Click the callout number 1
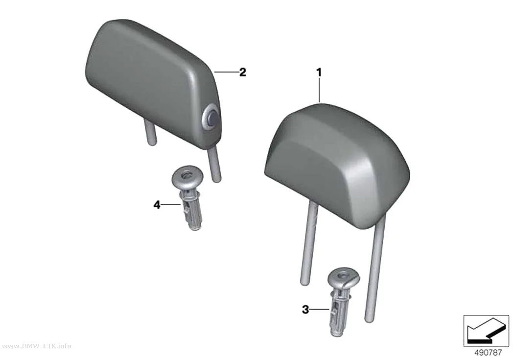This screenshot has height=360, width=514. (x=319, y=72)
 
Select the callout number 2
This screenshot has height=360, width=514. (x=243, y=72)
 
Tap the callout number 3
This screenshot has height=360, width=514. (x=305, y=309)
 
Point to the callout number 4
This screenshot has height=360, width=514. (x=157, y=205)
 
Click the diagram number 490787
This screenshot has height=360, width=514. (x=488, y=353)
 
